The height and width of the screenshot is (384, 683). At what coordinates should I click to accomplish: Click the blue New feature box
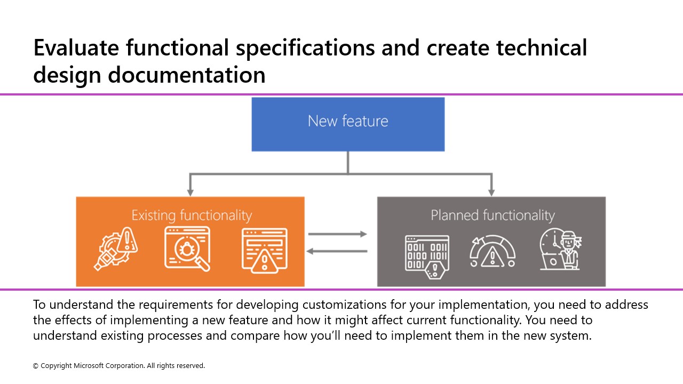[x=348, y=124]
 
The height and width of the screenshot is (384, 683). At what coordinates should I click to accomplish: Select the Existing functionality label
[x=192, y=215]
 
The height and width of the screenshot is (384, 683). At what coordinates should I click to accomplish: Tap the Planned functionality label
[x=493, y=215]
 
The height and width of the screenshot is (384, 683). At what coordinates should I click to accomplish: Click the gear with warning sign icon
[x=116, y=249]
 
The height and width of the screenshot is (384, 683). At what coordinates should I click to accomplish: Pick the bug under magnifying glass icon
[x=187, y=249]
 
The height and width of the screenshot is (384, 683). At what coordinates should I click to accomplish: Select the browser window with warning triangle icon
[x=265, y=249]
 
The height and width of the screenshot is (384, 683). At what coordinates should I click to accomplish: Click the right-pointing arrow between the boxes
[x=337, y=234]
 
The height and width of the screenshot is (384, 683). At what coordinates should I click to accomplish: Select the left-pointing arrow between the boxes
[x=337, y=251]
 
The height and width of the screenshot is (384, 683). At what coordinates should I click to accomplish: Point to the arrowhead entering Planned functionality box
[x=491, y=192]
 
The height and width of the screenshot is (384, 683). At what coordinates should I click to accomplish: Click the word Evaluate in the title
[x=76, y=48]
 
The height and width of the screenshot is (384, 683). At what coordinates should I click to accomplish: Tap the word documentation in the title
[x=186, y=75]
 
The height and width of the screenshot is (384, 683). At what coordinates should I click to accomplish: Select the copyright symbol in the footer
[x=36, y=366]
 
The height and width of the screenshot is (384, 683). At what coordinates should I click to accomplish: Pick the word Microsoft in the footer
[x=90, y=366]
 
